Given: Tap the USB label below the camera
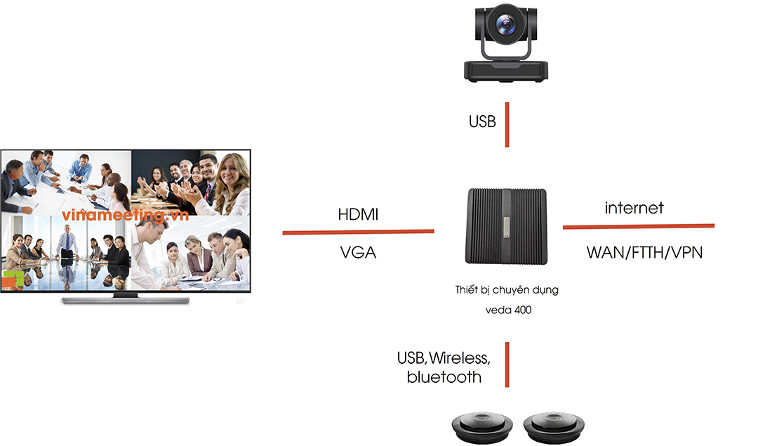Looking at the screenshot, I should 482,122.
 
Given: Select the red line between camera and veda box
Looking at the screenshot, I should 507,124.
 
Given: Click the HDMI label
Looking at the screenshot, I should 357,215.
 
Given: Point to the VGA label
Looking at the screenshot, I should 357,252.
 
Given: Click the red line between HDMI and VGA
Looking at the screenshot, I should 358,231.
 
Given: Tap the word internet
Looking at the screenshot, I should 634,208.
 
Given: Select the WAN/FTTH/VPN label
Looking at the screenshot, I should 644,253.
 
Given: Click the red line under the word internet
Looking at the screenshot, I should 638,226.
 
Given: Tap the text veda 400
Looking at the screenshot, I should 507,309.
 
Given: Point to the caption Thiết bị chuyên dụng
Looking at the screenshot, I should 507,289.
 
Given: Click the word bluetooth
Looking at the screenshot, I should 444,377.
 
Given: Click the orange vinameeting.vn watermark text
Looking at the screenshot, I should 126,216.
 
